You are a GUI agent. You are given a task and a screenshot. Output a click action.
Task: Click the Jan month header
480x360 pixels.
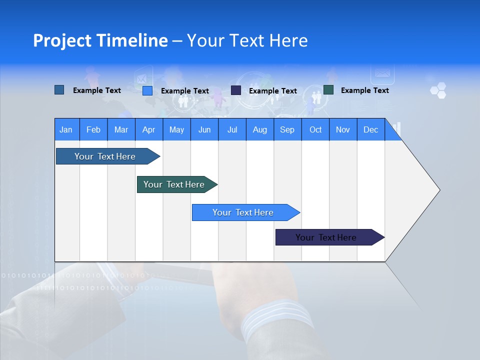(x=66, y=129)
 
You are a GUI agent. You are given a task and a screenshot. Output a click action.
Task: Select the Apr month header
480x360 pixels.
(x=149, y=129)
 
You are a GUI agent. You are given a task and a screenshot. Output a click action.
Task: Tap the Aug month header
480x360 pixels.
(x=259, y=129)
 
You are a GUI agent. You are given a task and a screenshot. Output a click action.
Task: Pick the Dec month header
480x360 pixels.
(x=370, y=129)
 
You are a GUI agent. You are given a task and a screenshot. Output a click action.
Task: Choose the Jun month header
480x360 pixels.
(x=204, y=129)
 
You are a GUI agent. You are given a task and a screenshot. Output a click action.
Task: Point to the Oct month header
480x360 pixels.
(x=315, y=129)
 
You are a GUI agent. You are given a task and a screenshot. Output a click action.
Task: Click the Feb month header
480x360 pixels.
(x=93, y=129)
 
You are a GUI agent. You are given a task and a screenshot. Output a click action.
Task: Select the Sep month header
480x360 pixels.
(x=287, y=129)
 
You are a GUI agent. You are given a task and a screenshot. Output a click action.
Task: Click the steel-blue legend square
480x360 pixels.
(x=59, y=90)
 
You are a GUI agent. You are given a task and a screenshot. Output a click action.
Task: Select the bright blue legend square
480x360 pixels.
(x=147, y=90)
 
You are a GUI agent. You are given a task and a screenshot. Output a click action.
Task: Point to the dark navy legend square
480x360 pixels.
(x=236, y=90)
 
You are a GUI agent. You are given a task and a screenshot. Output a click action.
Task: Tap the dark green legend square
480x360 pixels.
(x=328, y=90)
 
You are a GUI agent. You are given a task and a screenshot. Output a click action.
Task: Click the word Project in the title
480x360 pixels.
(x=61, y=40)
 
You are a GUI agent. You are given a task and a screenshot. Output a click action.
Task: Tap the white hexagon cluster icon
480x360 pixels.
(x=438, y=90)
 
